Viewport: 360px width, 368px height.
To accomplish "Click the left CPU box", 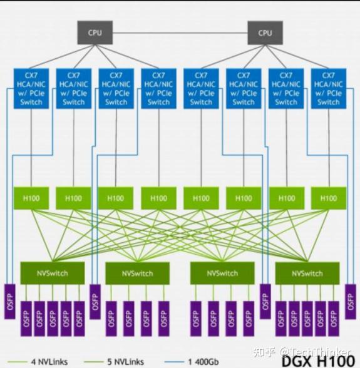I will tap(94, 33).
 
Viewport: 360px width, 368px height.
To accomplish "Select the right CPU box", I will tap(265, 33).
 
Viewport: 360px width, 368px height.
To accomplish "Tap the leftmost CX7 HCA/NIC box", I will tap(31, 88).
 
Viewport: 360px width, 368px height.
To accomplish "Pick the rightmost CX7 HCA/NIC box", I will tap(329, 88).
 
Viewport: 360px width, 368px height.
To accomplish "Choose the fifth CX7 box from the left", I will tap(201, 88).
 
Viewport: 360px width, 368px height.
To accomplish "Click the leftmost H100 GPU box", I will tap(31, 198).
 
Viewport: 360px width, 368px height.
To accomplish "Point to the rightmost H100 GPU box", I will tap(329, 198).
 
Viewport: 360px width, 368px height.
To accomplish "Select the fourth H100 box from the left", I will tap(158, 198).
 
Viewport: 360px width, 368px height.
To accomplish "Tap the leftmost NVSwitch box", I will tap(53, 273).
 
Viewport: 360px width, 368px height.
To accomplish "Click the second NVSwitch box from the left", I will tap(137, 273).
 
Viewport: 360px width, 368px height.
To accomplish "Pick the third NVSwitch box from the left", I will tap(222, 273).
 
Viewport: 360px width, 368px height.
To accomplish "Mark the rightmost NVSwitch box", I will tap(307, 273).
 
